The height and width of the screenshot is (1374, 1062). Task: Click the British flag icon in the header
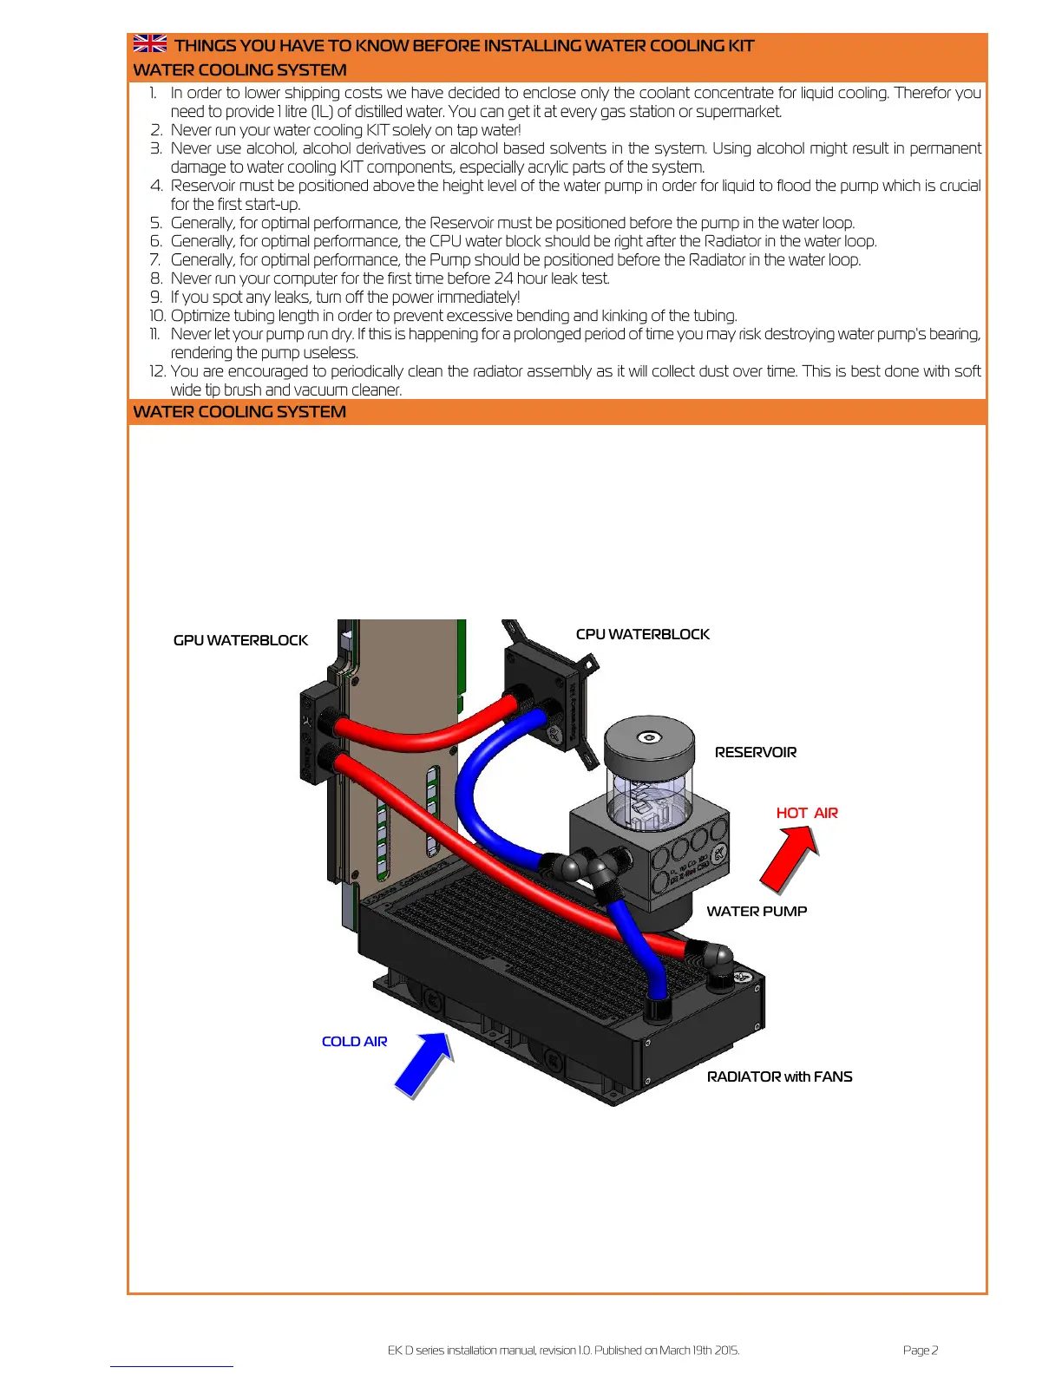(x=150, y=43)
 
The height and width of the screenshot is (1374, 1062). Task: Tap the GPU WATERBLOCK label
(x=240, y=640)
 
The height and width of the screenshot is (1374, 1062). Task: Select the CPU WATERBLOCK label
(x=642, y=634)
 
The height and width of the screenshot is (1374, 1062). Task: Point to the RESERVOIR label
(x=755, y=752)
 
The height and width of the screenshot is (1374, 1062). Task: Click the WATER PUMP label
(x=757, y=911)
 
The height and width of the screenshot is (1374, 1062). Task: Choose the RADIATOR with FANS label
(x=779, y=1076)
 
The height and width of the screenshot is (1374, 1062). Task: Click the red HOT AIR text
(x=807, y=813)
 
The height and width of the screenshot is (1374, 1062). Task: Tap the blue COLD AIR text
(x=354, y=1041)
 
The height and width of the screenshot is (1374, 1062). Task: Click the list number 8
(x=156, y=278)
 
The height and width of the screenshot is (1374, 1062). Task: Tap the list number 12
(x=157, y=371)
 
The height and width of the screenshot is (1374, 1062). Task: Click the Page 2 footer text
(x=920, y=1350)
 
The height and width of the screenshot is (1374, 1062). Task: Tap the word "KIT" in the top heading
(x=740, y=45)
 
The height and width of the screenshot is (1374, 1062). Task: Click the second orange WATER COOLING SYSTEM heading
(x=239, y=412)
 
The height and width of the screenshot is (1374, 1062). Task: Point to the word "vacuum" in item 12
(x=318, y=390)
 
